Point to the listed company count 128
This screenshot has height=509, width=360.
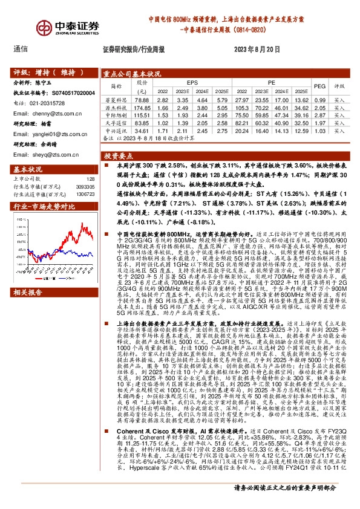pos(90,178)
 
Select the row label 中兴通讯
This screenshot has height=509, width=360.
pos(117,130)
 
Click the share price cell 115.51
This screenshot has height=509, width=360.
pos(142,113)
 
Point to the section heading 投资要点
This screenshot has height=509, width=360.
pos(117,155)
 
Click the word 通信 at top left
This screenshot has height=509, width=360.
pos(20,50)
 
